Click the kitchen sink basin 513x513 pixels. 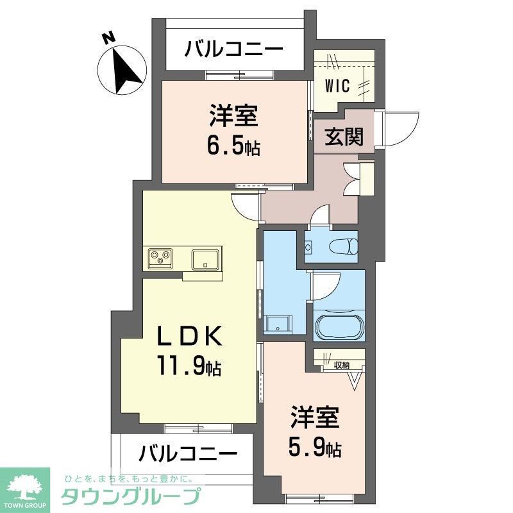coord(206,258)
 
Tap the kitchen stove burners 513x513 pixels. coord(160,258)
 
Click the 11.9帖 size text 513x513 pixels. coord(190,366)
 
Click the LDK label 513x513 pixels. coord(190,335)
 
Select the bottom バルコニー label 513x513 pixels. coord(186,454)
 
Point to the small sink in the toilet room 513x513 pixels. coord(309,246)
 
